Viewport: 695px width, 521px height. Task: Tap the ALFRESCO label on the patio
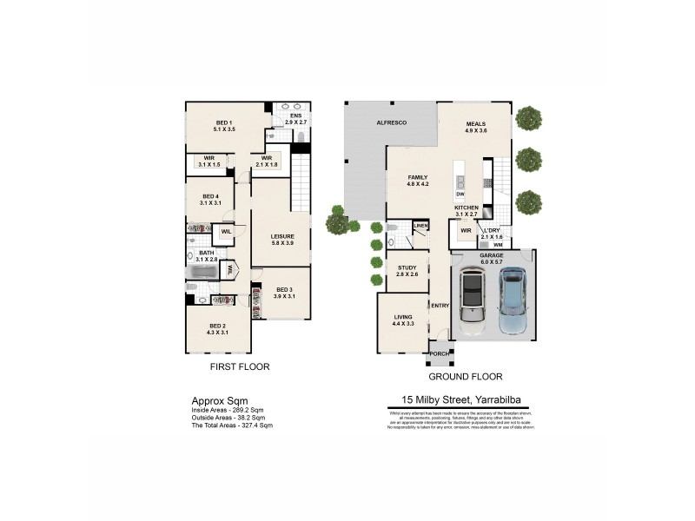tap(391, 123)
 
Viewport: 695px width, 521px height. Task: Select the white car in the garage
tap(472, 300)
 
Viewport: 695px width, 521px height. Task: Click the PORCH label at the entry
tap(440, 353)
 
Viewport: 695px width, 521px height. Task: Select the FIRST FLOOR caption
tap(240, 367)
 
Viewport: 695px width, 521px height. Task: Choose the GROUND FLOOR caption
tap(466, 377)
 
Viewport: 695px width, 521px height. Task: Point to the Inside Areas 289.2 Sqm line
tap(228, 409)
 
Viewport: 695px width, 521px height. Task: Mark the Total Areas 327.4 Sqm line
tap(232, 425)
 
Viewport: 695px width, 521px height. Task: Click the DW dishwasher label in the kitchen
tap(460, 194)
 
